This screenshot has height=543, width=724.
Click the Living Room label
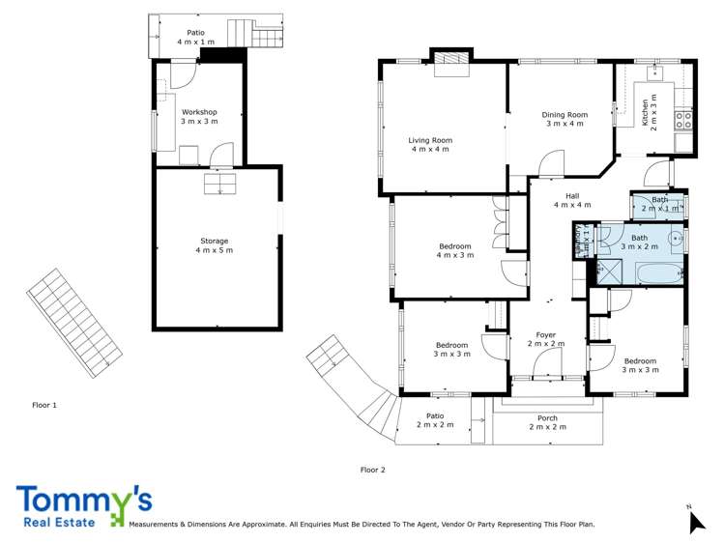tap(430, 145)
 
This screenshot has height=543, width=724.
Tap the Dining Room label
tap(565, 119)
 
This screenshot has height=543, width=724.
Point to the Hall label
tap(572, 200)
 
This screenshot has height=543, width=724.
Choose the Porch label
tap(547, 422)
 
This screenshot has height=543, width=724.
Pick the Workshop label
tap(199, 116)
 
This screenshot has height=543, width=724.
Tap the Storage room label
tap(214, 245)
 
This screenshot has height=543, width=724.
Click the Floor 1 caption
tap(44, 405)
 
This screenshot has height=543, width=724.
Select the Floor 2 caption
tap(373, 470)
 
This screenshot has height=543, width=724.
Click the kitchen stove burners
tap(683, 121)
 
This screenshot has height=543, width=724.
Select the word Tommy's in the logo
tap(83, 500)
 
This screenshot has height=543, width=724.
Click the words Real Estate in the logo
tap(61, 523)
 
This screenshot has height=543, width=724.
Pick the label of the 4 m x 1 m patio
tap(196, 38)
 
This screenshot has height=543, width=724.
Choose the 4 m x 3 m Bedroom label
tap(454, 251)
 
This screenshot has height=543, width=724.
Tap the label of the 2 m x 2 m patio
tap(435, 420)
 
